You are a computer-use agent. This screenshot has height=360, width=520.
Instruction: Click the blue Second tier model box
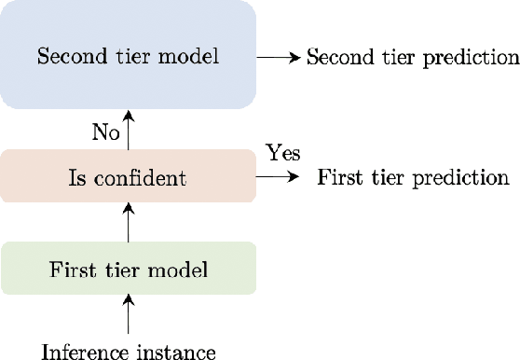click(128, 56)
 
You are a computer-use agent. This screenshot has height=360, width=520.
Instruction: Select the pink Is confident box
click(128, 175)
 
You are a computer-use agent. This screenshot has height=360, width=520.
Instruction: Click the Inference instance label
click(129, 352)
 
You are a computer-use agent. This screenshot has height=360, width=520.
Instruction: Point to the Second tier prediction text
click(413, 57)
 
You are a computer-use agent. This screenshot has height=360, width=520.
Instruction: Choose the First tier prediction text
click(414, 176)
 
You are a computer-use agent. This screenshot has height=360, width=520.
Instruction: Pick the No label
click(105, 132)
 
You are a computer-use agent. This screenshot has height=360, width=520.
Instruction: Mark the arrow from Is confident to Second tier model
click(129, 127)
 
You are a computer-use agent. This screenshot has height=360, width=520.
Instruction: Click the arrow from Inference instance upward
click(129, 314)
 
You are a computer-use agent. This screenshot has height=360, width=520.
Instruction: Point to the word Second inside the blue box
click(67, 56)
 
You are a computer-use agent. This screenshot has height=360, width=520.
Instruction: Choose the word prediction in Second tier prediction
click(475, 57)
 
